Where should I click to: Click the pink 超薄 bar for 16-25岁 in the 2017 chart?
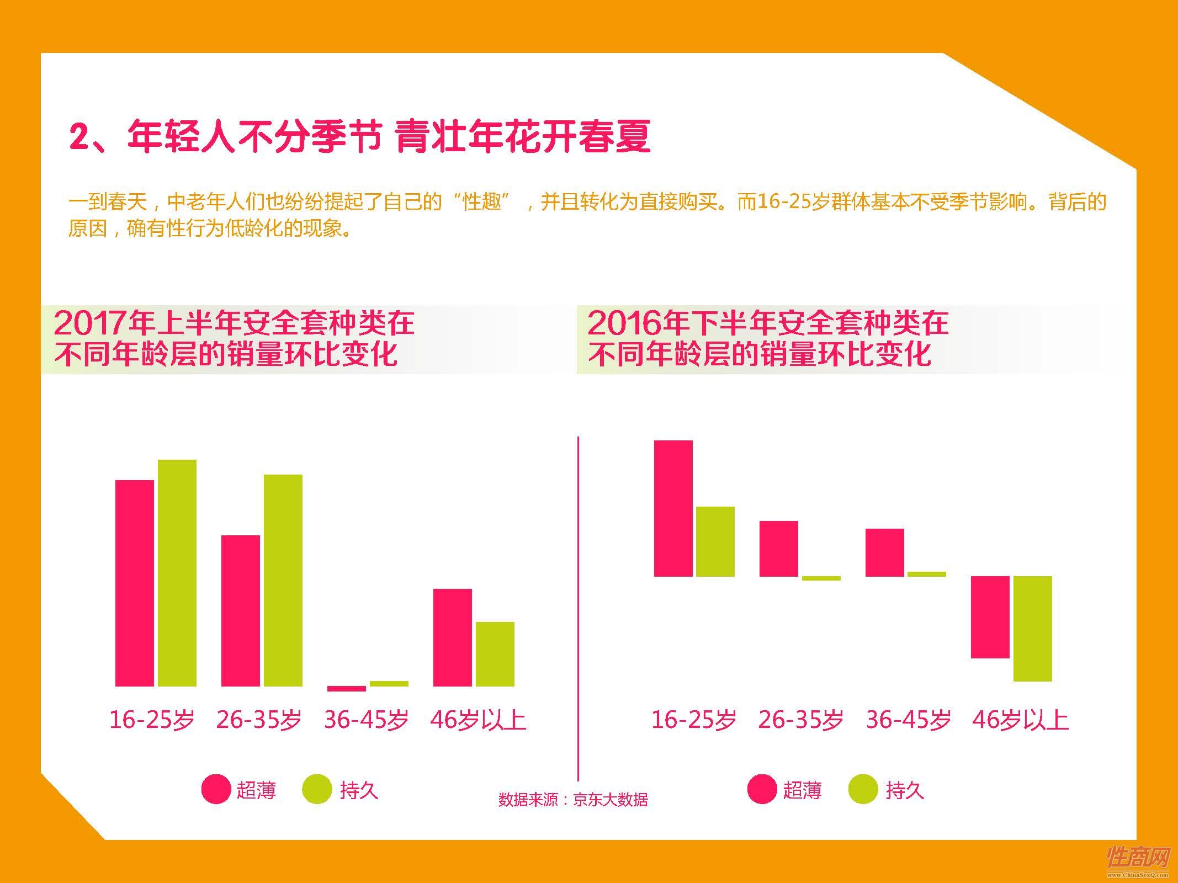(x=134, y=583)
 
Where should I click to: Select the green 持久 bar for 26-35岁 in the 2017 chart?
(x=283, y=580)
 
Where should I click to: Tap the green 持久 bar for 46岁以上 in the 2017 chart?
(x=495, y=654)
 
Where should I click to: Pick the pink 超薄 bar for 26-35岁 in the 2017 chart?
(x=240, y=610)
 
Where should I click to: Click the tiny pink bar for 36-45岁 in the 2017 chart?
(x=346, y=688)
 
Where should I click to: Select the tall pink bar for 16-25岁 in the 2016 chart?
(x=673, y=508)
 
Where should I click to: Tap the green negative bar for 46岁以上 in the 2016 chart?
(x=1032, y=629)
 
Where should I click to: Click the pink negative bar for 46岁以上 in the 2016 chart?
(x=990, y=617)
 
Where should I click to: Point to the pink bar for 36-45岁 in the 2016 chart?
(x=884, y=552)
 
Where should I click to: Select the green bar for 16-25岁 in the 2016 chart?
(x=715, y=541)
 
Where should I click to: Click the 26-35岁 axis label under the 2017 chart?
(x=259, y=720)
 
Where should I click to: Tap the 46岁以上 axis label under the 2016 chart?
(x=1020, y=720)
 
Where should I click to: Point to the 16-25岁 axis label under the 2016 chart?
(x=694, y=720)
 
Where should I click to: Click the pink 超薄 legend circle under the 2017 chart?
(x=216, y=789)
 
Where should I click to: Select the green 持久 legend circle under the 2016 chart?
(x=862, y=789)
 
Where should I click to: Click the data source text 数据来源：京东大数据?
(x=572, y=799)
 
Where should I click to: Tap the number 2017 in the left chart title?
(x=90, y=323)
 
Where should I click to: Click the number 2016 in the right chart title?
(x=623, y=323)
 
